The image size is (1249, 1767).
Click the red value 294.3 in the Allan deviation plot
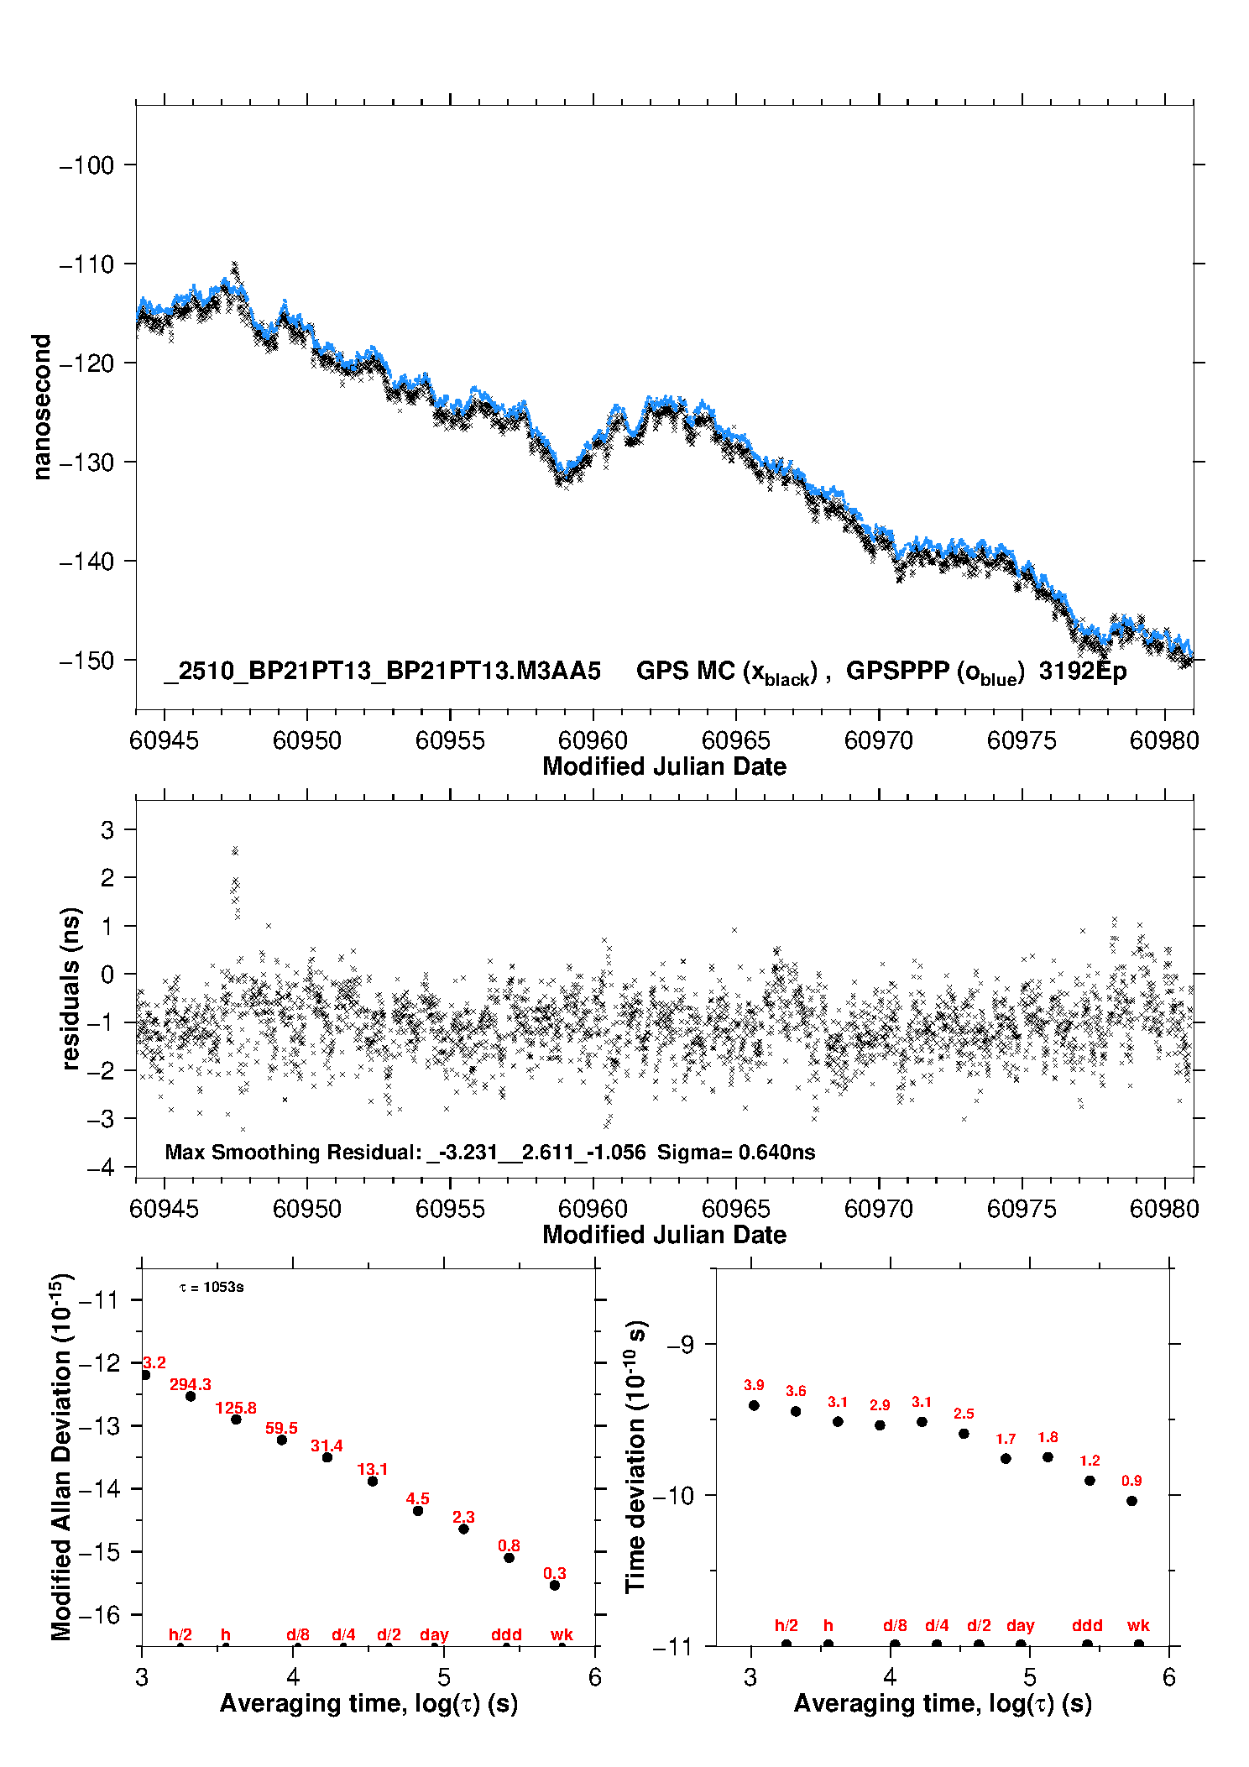pyautogui.click(x=191, y=1384)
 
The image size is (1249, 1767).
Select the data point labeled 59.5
pyautogui.click(x=282, y=1440)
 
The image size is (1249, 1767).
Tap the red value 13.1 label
pyautogui.click(x=373, y=1469)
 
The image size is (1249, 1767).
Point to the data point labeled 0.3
pyautogui.click(x=555, y=1585)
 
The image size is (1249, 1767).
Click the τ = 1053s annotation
pyautogui.click(x=212, y=1288)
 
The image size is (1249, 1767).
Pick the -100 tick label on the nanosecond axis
pyautogui.click(x=86, y=165)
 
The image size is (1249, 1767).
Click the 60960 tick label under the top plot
pyautogui.click(x=593, y=740)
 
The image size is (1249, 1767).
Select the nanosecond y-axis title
pyautogui.click(x=42, y=407)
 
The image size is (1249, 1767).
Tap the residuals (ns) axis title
pyautogui.click(x=71, y=989)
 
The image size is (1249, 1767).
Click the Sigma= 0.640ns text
pyautogui.click(x=736, y=1152)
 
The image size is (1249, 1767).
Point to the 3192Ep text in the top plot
pyautogui.click(x=1083, y=671)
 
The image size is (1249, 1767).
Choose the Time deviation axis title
pyautogui.click(x=635, y=1456)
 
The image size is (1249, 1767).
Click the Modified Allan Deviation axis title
pyautogui.click(x=60, y=1456)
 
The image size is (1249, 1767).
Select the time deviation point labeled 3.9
pyautogui.click(x=754, y=1405)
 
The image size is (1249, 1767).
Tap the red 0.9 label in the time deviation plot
pyautogui.click(x=1131, y=1481)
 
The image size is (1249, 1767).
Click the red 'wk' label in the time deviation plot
pyautogui.click(x=1138, y=1625)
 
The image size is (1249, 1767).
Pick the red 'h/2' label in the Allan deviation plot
pyautogui.click(x=180, y=1634)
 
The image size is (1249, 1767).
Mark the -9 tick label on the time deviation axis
pyautogui.click(x=680, y=1345)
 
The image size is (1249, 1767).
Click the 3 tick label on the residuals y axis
pyautogui.click(x=107, y=830)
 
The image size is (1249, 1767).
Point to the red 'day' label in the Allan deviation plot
pyautogui.click(x=434, y=1634)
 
